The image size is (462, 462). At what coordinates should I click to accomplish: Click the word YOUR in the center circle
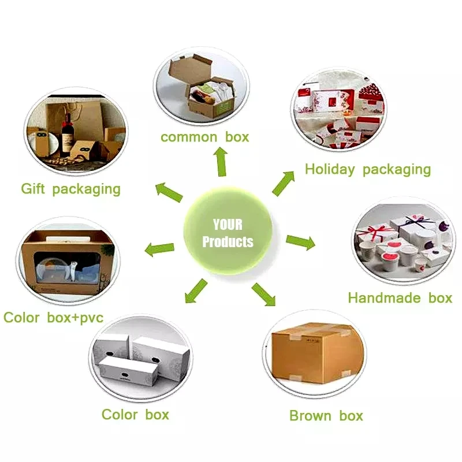[228, 225]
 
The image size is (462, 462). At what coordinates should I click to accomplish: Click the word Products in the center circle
[228, 241]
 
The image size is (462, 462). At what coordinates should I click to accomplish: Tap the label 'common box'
[204, 137]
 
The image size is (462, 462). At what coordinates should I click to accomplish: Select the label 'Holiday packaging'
[367, 169]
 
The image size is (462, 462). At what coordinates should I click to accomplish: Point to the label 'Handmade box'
[400, 298]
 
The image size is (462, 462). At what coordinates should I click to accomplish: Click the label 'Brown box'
[326, 416]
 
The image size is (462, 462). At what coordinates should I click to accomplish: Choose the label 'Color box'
[135, 414]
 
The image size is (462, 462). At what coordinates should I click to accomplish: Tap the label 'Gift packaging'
[70, 189]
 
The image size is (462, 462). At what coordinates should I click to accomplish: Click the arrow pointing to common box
[221, 161]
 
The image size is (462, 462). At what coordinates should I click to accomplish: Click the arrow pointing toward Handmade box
[300, 242]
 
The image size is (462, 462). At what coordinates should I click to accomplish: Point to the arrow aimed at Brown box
[264, 293]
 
